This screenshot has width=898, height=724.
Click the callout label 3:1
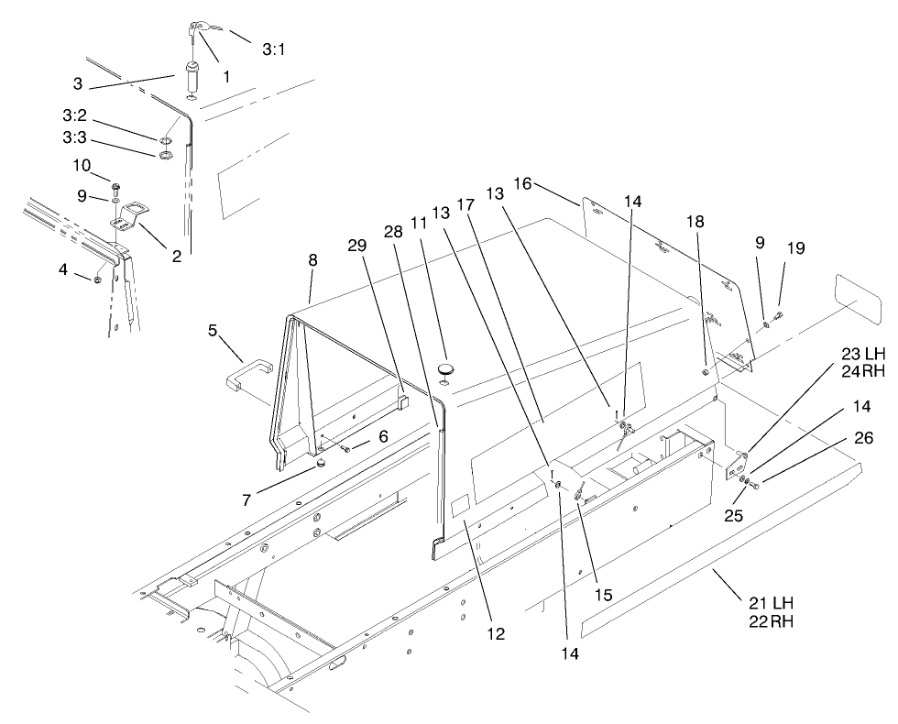(x=273, y=51)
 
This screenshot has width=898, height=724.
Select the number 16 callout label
(x=522, y=184)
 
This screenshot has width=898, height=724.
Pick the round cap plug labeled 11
(x=445, y=368)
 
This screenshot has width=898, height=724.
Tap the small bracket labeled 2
(x=129, y=220)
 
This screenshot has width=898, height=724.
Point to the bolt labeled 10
(x=115, y=188)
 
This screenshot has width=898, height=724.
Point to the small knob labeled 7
(x=322, y=465)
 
